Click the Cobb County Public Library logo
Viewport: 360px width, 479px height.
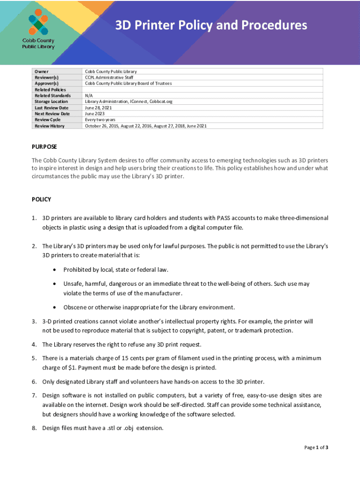point(38,29)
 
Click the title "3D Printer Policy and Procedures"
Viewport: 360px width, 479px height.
point(211,25)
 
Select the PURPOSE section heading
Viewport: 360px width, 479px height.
point(44,146)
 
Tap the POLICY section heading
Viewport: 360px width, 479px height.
point(41,199)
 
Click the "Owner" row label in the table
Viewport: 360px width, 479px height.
point(41,72)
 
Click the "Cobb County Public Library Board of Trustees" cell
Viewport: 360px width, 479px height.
point(128,83)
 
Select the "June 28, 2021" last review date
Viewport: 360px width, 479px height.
point(98,108)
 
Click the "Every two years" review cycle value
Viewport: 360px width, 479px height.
point(100,120)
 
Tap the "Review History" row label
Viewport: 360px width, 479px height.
point(50,126)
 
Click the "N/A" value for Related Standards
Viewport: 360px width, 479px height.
point(89,95)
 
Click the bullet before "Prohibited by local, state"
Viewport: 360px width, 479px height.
point(56,270)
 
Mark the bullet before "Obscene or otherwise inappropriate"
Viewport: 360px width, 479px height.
point(56,307)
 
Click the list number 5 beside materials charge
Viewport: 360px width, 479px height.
point(34,358)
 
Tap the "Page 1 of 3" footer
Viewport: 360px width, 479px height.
point(316,448)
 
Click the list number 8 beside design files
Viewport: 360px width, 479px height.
point(34,428)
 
